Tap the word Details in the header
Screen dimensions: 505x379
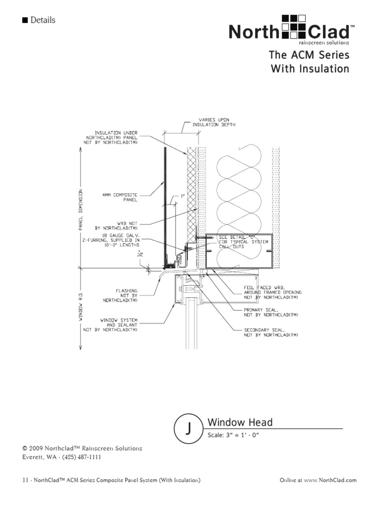[42, 20]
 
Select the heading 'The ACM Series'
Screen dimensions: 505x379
[309, 55]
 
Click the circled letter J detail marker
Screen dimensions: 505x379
[189, 429]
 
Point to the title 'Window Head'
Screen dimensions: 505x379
[240, 423]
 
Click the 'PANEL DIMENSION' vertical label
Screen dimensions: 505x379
[80, 209]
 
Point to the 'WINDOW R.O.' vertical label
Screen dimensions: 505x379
[80, 306]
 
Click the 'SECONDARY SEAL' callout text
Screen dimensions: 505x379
[271, 332]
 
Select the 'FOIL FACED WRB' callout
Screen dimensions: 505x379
[272, 292]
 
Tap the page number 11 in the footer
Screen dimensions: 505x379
[25, 480]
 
